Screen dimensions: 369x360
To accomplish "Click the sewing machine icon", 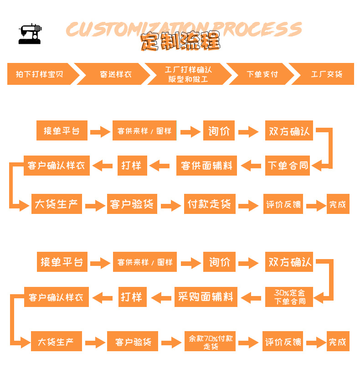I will click(30, 33).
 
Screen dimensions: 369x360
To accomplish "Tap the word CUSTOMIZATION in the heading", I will click(137, 29).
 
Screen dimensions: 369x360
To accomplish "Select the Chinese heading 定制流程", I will click(180, 42).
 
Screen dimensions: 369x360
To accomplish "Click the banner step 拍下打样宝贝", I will click(38, 74).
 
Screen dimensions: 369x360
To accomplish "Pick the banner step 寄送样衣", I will click(116, 74).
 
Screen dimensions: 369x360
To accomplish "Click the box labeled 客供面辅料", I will click(207, 165).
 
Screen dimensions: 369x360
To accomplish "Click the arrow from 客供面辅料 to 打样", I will click(160, 165).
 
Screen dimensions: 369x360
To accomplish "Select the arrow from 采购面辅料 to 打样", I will click(161, 297).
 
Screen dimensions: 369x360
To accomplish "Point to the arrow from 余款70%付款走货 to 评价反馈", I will click(248, 342).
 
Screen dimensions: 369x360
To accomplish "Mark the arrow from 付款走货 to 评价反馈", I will click(248, 204).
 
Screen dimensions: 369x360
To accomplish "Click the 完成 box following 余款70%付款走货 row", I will click(338, 342).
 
